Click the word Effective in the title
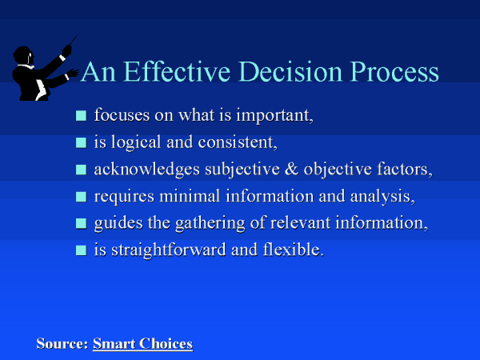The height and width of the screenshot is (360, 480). [178, 71]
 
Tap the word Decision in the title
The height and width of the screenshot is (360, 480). [290, 71]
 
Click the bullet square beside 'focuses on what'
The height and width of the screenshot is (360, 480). [81, 116]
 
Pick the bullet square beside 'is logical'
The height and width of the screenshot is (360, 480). [81, 142]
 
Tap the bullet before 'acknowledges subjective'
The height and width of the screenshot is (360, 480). [81, 170]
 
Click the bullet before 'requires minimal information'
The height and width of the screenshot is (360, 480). [81, 197]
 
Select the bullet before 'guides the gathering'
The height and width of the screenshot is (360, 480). [81, 223]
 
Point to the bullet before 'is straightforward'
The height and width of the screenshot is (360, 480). [81, 250]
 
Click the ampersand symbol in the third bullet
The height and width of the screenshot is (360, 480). [292, 170]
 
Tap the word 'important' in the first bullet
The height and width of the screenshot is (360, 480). [274, 116]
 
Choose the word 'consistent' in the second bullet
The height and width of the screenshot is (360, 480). [238, 142]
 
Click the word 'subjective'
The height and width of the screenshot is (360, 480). [242, 170]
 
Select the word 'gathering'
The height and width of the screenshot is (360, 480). [210, 224]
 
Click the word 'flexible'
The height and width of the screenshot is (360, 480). [294, 249]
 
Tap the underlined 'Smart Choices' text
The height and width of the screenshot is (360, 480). [143, 343]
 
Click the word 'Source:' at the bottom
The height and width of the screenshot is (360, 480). [62, 343]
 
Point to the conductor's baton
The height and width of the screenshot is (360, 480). [74, 40]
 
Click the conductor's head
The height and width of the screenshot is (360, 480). [23, 56]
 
